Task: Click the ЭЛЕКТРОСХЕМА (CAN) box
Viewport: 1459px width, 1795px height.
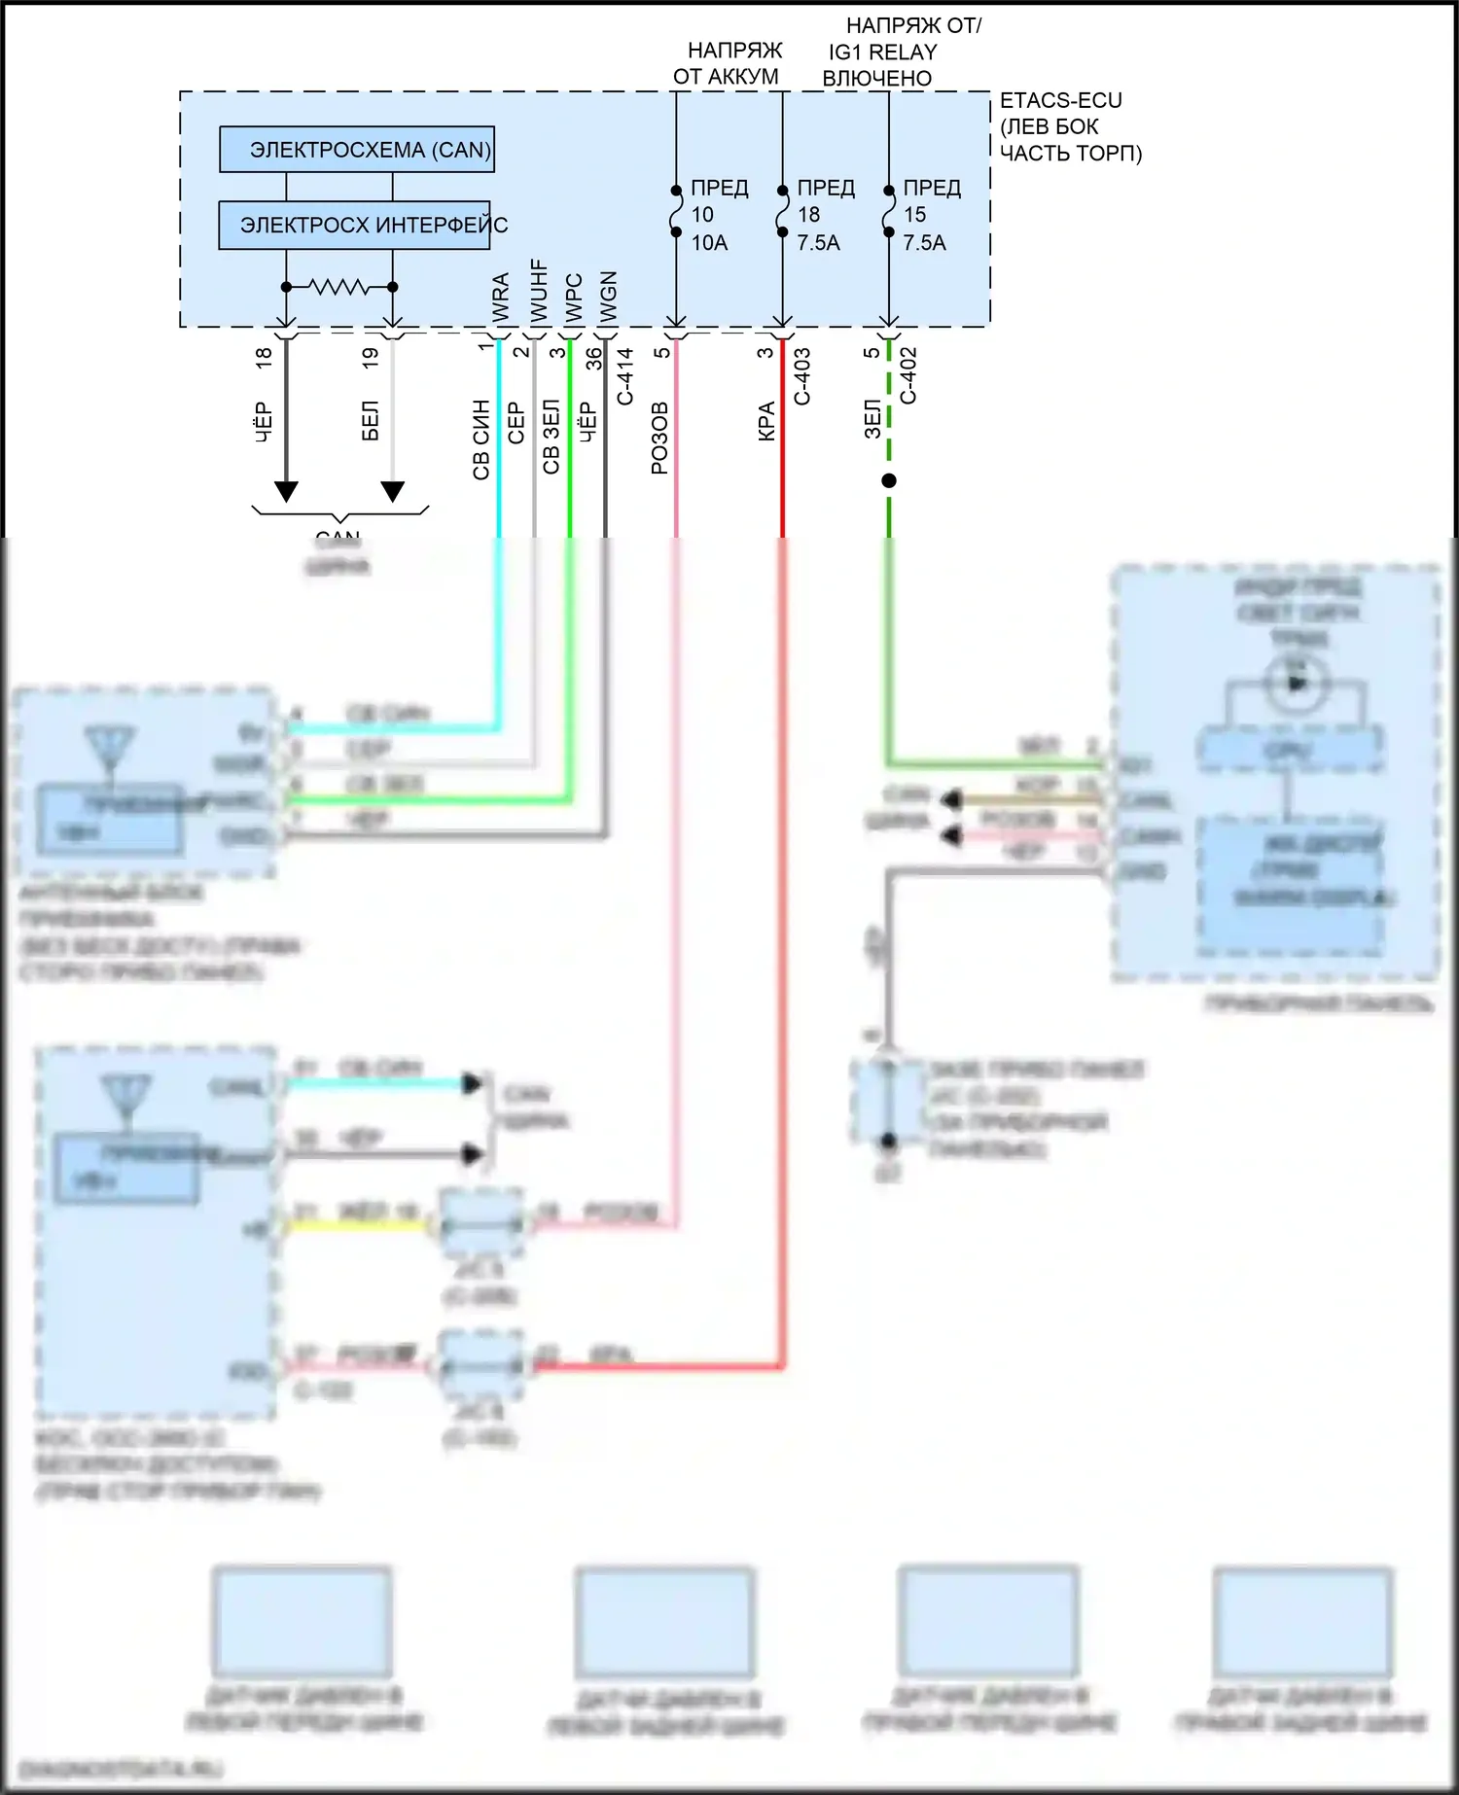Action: pos(356,150)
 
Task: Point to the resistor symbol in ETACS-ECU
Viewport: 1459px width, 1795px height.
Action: pos(338,287)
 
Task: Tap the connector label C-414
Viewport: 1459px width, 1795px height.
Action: pos(625,376)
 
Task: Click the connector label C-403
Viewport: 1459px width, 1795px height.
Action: pos(802,376)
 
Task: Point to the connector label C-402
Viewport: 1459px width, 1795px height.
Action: pos(908,376)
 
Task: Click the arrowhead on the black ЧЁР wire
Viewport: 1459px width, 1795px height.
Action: pos(286,491)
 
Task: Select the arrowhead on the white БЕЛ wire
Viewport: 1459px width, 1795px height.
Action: pos(392,491)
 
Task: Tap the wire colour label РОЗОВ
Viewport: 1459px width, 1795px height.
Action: pos(659,438)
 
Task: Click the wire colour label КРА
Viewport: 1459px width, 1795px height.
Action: pos(766,422)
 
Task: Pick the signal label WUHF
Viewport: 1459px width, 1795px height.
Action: pos(538,291)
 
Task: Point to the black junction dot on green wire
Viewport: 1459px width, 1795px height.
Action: pos(888,480)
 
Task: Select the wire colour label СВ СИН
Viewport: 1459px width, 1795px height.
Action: pos(481,440)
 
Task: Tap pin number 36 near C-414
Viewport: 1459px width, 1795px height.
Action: pos(593,359)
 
